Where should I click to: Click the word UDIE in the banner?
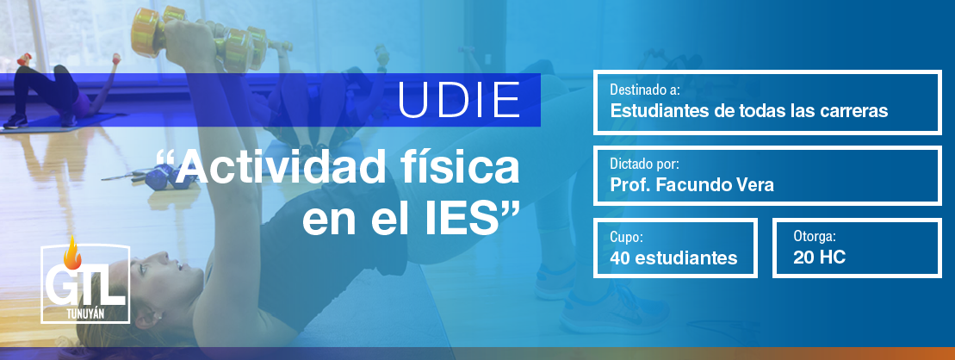pos(460,100)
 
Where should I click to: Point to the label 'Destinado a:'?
pos(645,90)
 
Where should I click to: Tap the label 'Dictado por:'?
pos(644,164)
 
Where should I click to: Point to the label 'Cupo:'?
pos(627,238)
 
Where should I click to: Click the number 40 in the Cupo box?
pos(620,258)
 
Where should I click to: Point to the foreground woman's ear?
pos(150,317)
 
